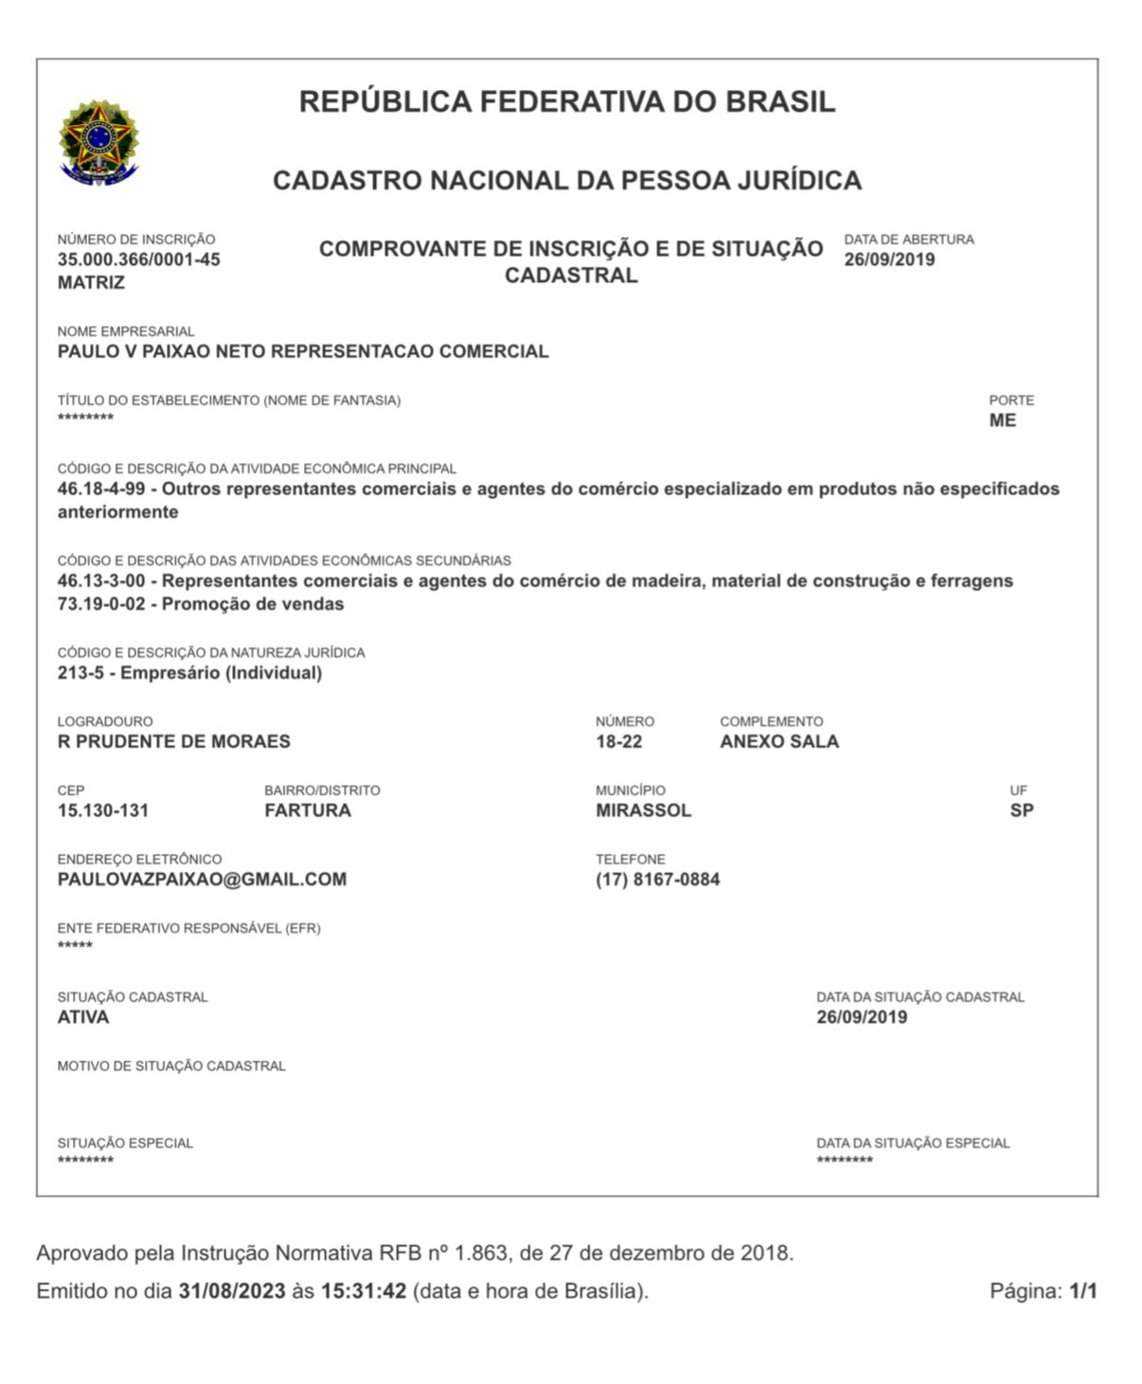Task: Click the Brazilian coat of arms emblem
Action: tap(98, 143)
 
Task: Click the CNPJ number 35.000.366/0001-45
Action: tap(138, 260)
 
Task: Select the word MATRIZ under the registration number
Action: tap(91, 283)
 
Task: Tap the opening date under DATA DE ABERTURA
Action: tap(889, 260)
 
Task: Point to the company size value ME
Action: tap(1002, 421)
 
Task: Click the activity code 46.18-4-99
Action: tap(101, 489)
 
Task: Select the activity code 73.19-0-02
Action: tap(101, 604)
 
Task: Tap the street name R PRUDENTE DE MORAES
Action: tap(174, 742)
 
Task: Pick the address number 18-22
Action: tap(618, 742)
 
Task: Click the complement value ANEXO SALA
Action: tap(779, 742)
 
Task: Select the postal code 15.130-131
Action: tap(103, 811)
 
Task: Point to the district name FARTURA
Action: tap(308, 811)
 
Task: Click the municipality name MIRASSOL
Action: tap(644, 811)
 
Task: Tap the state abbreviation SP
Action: tap(1022, 811)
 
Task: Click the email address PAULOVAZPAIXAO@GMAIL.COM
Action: tap(202, 879)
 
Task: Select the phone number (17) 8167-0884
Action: tap(658, 879)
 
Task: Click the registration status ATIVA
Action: tap(83, 1018)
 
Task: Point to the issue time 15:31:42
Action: tap(364, 1291)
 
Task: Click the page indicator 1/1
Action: tap(1083, 1291)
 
